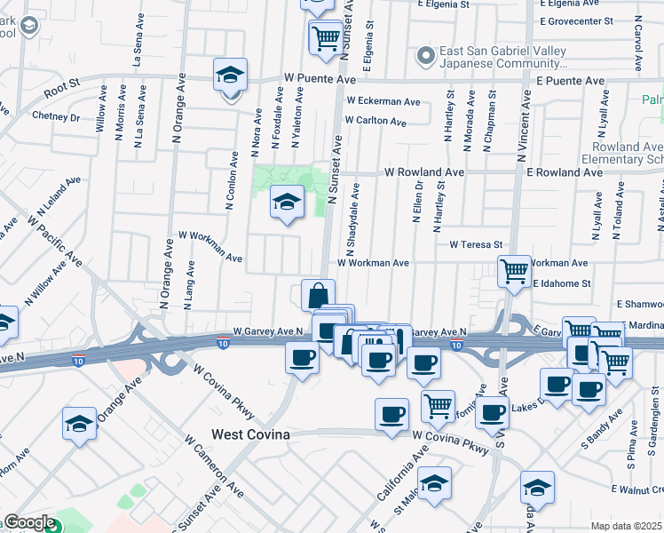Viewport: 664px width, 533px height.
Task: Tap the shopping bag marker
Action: click(318, 295)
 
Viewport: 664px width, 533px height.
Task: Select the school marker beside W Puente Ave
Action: click(230, 76)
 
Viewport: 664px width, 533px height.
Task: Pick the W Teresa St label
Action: click(476, 243)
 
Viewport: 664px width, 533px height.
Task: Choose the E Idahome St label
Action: click(562, 283)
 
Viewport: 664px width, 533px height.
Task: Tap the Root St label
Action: click(61, 85)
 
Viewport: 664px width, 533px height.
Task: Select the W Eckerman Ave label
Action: click(383, 101)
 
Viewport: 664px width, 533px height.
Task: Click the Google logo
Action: click(29, 522)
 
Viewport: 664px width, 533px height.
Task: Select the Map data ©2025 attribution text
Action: click(627, 526)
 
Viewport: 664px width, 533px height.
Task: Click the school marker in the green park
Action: click(287, 203)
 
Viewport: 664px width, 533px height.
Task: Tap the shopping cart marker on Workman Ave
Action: click(514, 272)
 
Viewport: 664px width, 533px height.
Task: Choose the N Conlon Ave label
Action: click(232, 182)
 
